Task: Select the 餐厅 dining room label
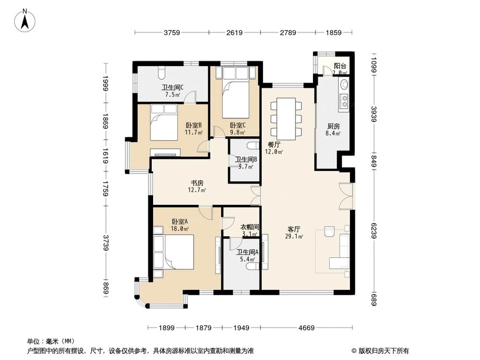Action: coord(274,144)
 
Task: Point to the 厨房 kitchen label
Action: coord(334,126)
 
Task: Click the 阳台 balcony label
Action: coord(340,67)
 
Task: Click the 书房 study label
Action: coord(197,183)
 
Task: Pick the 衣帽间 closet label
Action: coord(250,227)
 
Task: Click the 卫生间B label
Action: coord(246,159)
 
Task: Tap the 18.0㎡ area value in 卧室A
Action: coord(179,229)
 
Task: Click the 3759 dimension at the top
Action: coord(171,33)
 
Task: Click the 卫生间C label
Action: coord(172,87)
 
